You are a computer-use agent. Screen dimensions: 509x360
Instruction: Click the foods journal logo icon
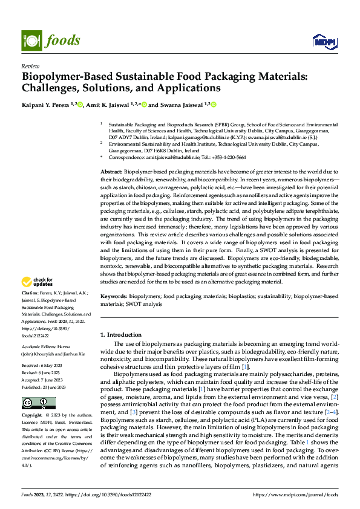pos(31,41)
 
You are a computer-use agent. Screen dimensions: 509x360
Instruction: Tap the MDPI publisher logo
pos(324,41)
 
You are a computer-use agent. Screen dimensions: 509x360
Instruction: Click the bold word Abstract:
pos(111,172)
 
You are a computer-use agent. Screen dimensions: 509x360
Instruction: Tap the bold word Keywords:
pos(113,297)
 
